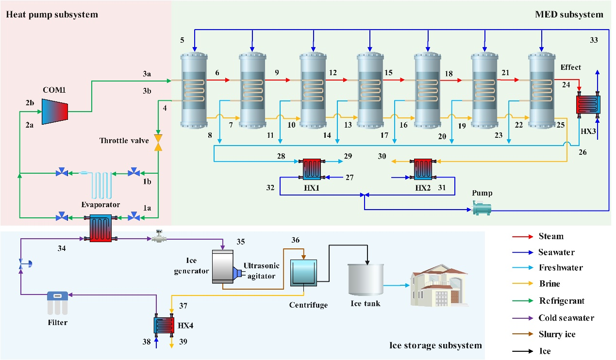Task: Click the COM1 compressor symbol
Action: coord(54,111)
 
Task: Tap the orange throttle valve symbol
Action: coord(158,141)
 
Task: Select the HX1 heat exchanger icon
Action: coord(313,170)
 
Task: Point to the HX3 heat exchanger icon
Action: coord(588,104)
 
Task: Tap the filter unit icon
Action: coord(57,302)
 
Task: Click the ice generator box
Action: coord(223,267)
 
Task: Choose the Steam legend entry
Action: coord(551,236)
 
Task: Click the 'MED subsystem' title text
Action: coord(569,15)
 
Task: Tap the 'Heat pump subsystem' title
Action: coord(51,15)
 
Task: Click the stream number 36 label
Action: coord(296,240)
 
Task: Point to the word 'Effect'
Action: coord(570,67)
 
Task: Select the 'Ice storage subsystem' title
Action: coord(436,345)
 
